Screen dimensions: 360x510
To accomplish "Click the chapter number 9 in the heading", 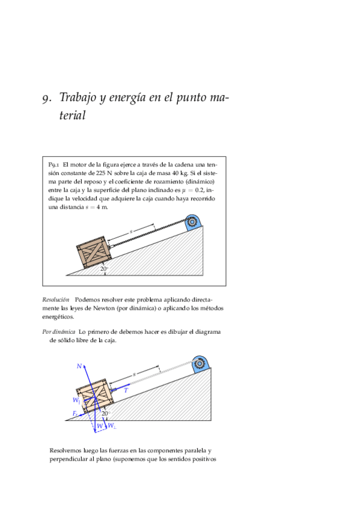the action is pyautogui.click(x=46, y=98).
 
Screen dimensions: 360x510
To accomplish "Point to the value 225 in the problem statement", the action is pyautogui.click(x=101, y=173).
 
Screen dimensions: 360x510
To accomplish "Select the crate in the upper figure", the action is pyautogui.click(x=93, y=253).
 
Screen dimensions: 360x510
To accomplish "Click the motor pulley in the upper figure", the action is pyautogui.click(x=193, y=222).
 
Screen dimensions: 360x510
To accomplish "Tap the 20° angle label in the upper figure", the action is pyautogui.click(x=104, y=269).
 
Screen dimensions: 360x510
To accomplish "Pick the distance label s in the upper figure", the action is pyautogui.click(x=131, y=232).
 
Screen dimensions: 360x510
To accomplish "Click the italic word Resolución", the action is pyautogui.click(x=56, y=300).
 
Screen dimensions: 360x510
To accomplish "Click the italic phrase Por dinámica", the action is pyautogui.click(x=59, y=332).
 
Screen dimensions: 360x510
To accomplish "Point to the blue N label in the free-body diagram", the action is pyautogui.click(x=79, y=366).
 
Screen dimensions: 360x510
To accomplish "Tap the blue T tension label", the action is pyautogui.click(x=126, y=390).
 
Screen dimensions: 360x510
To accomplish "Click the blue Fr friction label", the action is pyautogui.click(x=75, y=414).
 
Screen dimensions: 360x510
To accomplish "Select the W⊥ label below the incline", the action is pyautogui.click(x=112, y=425).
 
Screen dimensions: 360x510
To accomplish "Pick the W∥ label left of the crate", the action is pyautogui.click(x=77, y=400).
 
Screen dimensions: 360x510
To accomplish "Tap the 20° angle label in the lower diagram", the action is pyautogui.click(x=106, y=413).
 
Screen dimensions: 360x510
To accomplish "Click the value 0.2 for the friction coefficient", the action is pyautogui.click(x=199, y=190).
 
